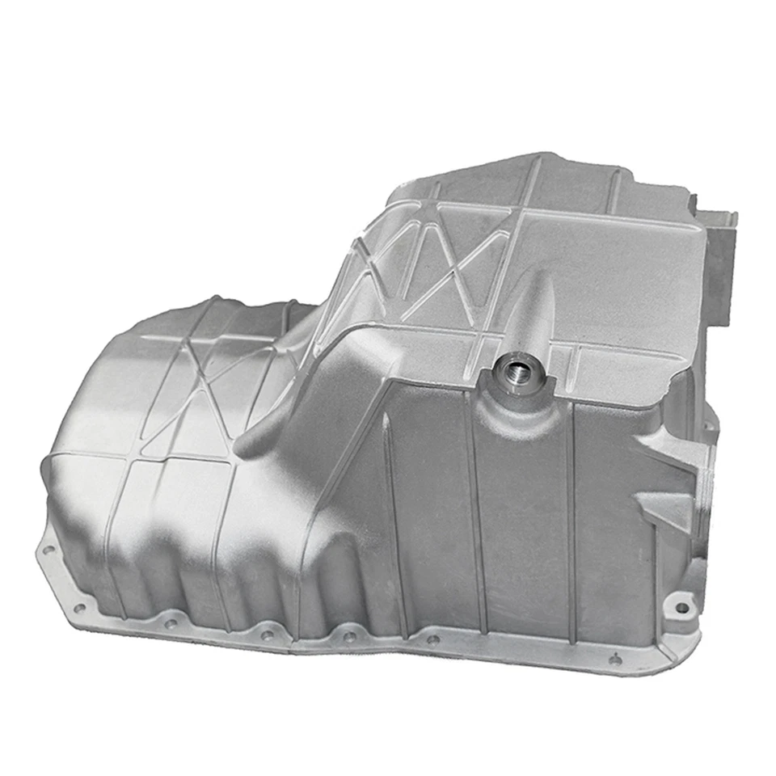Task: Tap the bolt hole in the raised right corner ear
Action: point(683,605)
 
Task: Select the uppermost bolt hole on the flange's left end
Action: point(49,550)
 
